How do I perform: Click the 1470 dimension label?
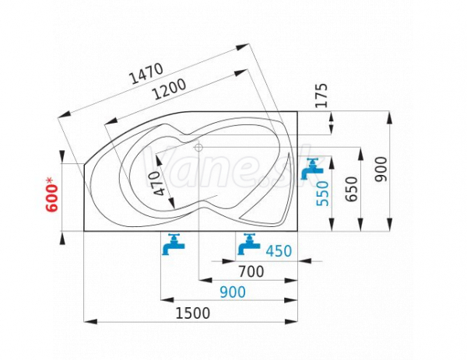[146, 73]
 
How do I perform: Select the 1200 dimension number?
[169, 89]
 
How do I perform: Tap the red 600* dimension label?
[52, 194]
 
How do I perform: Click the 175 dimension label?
[321, 96]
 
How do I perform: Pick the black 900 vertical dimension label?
[381, 170]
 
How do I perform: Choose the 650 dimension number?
[352, 189]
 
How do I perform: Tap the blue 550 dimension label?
[322, 194]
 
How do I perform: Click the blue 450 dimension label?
[279, 251]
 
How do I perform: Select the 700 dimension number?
[251, 271]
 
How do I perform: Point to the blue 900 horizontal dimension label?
[233, 292]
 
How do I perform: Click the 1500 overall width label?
[193, 313]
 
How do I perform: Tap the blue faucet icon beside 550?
[311, 169]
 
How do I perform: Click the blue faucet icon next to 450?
[249, 244]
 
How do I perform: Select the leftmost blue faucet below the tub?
[174, 244]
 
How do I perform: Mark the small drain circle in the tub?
[198, 147]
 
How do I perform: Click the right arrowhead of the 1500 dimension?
[291, 322]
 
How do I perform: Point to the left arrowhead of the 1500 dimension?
[90, 322]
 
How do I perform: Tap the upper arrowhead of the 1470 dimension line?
[242, 47]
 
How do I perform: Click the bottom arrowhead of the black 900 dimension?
[389, 225]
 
